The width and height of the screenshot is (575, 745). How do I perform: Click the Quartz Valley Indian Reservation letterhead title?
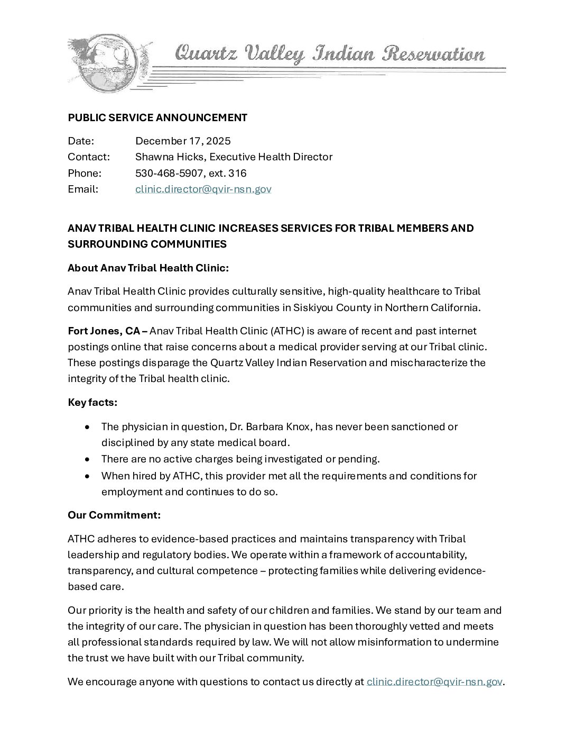tap(329, 54)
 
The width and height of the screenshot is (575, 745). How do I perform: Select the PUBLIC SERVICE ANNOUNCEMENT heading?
tap(157, 117)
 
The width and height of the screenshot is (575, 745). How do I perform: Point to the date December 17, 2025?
tap(183, 141)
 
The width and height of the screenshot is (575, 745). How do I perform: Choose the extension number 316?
tap(237, 173)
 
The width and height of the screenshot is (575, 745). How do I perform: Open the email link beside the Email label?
tap(203, 189)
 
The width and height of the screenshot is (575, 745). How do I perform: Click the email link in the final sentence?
tap(434, 682)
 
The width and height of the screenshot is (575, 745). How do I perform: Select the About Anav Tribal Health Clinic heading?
tap(148, 268)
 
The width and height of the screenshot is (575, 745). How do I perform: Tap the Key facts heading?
tap(92, 402)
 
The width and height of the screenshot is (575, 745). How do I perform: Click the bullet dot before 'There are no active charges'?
tap(87, 459)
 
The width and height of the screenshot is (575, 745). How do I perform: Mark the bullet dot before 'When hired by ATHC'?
tap(87, 476)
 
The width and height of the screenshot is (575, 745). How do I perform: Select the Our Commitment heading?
tap(114, 515)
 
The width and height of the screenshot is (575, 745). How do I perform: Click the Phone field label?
tap(84, 173)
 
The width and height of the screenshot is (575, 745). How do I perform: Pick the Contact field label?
tap(88, 157)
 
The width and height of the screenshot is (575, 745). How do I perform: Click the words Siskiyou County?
tap(332, 307)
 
